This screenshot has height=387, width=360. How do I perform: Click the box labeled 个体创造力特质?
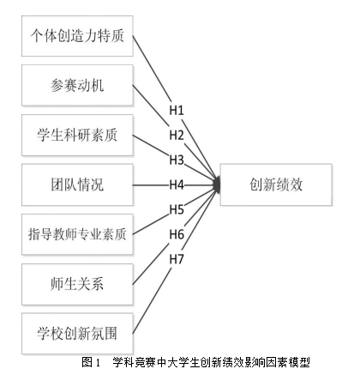[x=77, y=36]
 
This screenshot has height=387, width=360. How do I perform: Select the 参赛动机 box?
[x=77, y=85]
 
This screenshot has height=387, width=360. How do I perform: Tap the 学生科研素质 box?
[x=77, y=135]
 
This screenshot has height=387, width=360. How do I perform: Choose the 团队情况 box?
[x=77, y=184]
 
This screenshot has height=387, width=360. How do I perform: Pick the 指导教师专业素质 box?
[x=77, y=234]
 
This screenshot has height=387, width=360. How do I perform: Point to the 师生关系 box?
[x=77, y=284]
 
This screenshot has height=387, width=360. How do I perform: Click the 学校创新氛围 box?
[x=77, y=334]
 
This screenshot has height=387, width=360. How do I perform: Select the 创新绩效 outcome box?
[x=276, y=184]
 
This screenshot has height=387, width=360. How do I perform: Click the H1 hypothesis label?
[x=177, y=110]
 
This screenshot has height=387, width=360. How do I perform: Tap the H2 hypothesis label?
[x=177, y=135]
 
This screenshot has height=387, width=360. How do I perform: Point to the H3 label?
[x=177, y=160]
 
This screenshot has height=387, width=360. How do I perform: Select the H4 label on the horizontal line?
[x=177, y=184]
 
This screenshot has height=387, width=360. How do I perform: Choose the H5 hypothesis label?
[x=177, y=209]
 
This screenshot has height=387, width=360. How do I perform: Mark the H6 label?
[x=177, y=234]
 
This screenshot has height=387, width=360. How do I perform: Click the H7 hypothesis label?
[x=177, y=259]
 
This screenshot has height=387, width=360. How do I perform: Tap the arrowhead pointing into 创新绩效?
[x=217, y=184]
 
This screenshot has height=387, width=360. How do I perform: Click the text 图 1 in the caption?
[x=91, y=362]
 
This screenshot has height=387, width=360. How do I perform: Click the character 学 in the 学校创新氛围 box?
[x=44, y=334]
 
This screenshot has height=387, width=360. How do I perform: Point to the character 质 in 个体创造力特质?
[x=117, y=36]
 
